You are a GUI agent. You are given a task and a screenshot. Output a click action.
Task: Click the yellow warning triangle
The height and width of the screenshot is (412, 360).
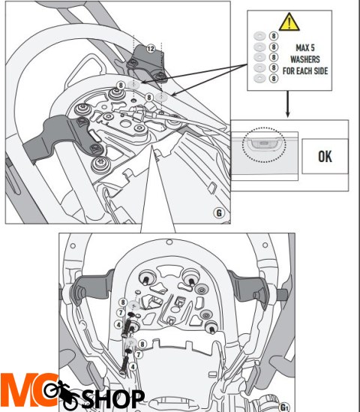pyautogui.click(x=289, y=22)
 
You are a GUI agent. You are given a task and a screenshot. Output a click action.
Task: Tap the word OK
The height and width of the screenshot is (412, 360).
pyautogui.click(x=325, y=156)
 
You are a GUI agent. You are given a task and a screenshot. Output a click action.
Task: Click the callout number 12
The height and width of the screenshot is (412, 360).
pyautogui.click(x=151, y=49)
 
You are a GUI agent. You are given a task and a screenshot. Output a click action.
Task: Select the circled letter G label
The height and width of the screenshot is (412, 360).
pyautogui.click(x=219, y=212)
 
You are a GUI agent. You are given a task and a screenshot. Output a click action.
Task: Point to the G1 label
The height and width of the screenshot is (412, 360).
pyautogui.click(x=284, y=407)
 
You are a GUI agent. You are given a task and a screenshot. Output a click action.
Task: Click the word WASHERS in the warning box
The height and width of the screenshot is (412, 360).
pyautogui.click(x=305, y=59)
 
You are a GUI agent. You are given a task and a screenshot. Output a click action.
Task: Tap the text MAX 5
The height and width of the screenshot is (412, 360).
pyautogui.click(x=305, y=48)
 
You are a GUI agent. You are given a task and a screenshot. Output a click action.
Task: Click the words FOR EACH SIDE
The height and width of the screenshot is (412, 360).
pyautogui.click(x=305, y=71)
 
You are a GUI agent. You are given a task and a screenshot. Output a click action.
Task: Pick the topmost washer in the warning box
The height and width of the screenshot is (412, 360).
pyautogui.click(x=259, y=36)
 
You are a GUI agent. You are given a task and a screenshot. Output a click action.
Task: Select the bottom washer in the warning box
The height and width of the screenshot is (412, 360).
pyautogui.click(x=259, y=78)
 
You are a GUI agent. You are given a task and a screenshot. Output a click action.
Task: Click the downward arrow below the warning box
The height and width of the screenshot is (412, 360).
pyautogui.click(x=288, y=104)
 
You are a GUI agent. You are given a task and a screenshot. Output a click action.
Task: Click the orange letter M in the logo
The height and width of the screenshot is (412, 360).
pyautogui.click(x=18, y=390)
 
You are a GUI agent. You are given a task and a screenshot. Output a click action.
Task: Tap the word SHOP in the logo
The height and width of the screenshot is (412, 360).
pyautogui.click(x=113, y=398)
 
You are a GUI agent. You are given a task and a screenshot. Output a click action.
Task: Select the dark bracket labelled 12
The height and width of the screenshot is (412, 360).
pyautogui.click(x=146, y=62)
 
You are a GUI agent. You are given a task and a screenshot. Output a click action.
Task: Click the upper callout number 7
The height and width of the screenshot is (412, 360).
pyautogui.click(x=121, y=313)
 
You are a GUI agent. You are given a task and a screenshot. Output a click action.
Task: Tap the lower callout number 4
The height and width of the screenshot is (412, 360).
pyautogui.click(x=133, y=366)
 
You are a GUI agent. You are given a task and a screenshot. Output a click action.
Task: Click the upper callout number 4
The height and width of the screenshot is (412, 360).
pyautogui.click(x=118, y=325)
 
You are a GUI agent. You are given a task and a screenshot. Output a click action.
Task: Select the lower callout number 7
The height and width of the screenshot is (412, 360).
pyautogui.click(x=139, y=354)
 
